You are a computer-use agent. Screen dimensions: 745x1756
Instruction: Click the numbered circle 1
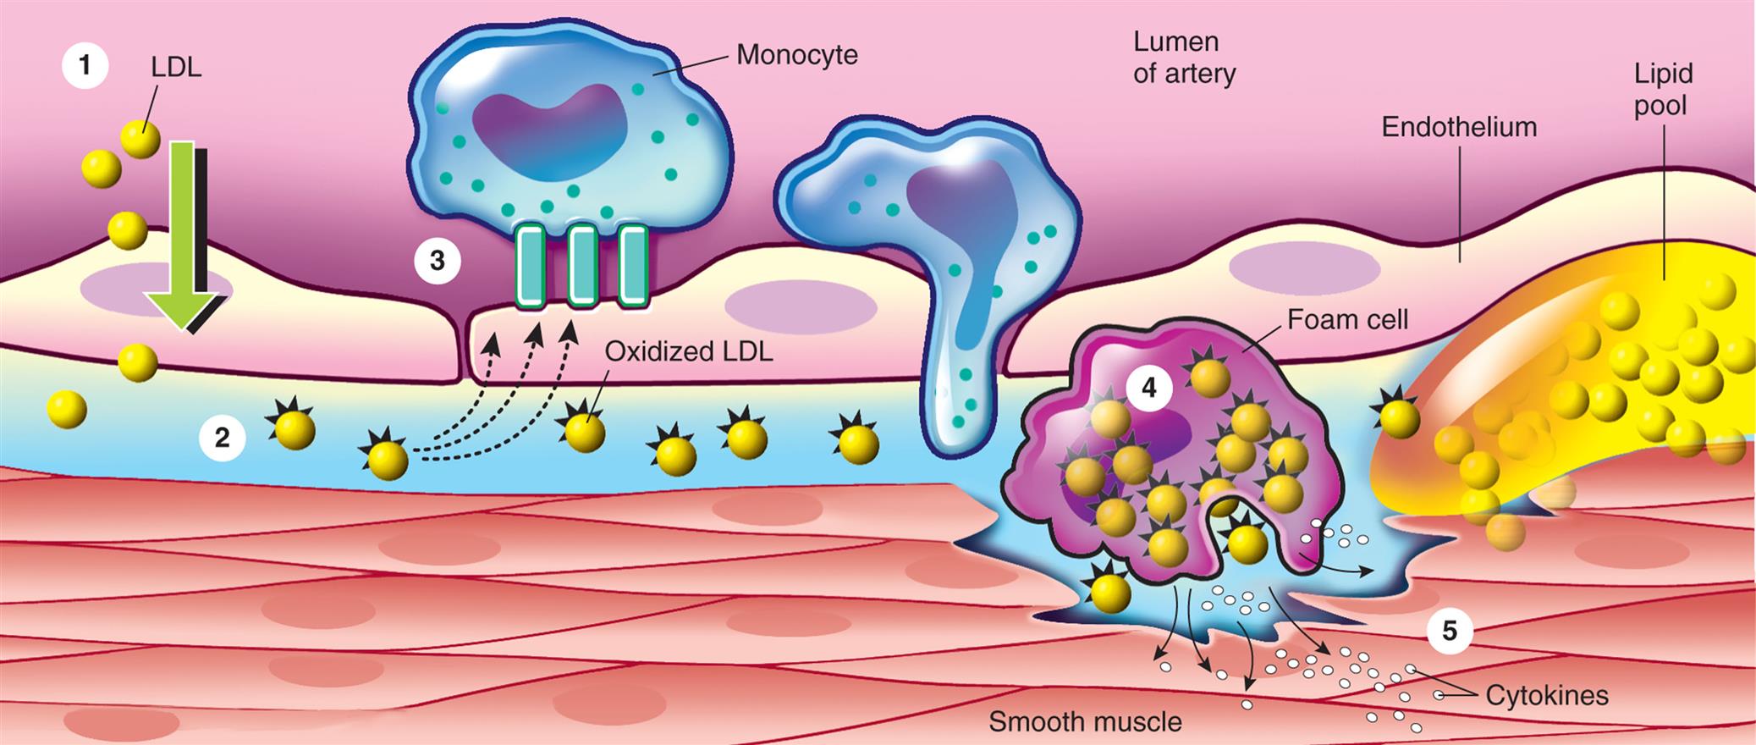pyautogui.click(x=85, y=66)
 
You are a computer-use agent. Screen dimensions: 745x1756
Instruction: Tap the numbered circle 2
pyautogui.click(x=223, y=438)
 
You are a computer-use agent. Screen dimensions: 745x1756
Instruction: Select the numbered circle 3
pyautogui.click(x=437, y=260)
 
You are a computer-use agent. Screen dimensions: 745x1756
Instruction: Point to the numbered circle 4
pyautogui.click(x=1148, y=388)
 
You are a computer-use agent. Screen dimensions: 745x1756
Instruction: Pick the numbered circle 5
pyautogui.click(x=1450, y=631)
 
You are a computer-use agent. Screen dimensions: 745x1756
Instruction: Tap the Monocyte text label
pyautogui.click(x=796, y=55)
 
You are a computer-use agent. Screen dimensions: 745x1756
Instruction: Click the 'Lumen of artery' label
pyautogui.click(x=1183, y=58)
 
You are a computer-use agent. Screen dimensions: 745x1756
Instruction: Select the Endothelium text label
pyautogui.click(x=1459, y=127)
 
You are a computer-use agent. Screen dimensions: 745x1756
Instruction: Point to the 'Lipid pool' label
pyautogui.click(x=1662, y=89)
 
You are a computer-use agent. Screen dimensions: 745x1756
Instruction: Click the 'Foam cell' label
pyautogui.click(x=1347, y=319)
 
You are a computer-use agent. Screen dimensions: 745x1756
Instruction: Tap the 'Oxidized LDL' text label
pyautogui.click(x=688, y=351)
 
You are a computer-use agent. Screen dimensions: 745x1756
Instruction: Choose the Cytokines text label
pyautogui.click(x=1546, y=696)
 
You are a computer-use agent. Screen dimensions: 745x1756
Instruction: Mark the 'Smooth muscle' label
pyautogui.click(x=1085, y=722)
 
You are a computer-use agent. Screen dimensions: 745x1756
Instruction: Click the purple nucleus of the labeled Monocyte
pyautogui.click(x=550, y=131)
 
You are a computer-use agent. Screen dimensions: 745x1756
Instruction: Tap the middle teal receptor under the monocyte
pyautogui.click(x=582, y=266)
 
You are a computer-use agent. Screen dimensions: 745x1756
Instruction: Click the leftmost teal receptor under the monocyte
pyautogui.click(x=531, y=266)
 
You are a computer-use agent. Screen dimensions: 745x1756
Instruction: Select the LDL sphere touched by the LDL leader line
pyautogui.click(x=140, y=139)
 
